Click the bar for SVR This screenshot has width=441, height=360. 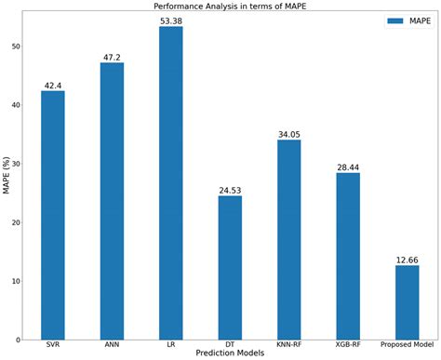53,214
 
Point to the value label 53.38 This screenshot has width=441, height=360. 171,20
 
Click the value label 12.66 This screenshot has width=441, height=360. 407,259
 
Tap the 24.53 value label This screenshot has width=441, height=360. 230,189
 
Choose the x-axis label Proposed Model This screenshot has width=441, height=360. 407,344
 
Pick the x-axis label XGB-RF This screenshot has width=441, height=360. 348,344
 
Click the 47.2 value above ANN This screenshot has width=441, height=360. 112,56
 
